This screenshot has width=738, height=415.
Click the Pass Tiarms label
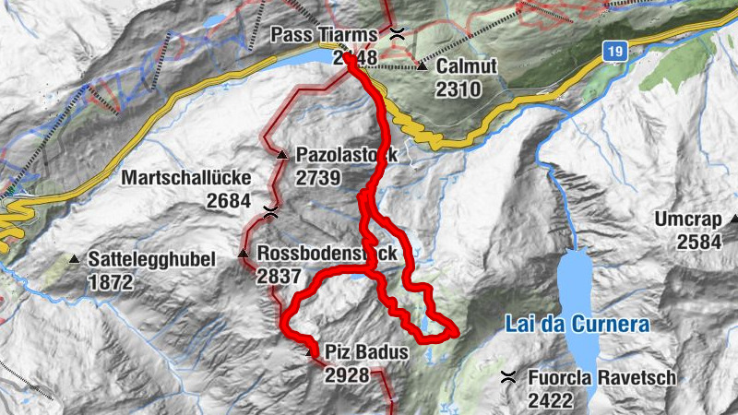tap(324, 35)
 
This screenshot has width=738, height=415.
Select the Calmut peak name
tap(466, 66)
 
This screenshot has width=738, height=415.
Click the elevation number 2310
tap(458, 89)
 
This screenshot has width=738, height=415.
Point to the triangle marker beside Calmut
tap(422, 66)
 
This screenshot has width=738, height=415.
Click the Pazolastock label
tap(347, 156)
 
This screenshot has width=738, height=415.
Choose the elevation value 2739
tap(319, 178)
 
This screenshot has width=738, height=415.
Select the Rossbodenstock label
tap(327, 254)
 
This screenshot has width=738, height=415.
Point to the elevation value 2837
tap(280, 276)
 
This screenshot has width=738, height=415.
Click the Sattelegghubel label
tap(151, 260)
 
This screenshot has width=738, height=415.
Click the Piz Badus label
tap(364, 351)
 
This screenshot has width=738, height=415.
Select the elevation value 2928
tap(347, 374)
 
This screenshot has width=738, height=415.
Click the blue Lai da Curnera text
tap(577, 325)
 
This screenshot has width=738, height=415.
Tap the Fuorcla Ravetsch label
tap(602, 378)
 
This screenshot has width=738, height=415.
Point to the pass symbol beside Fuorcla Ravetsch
tap(507, 376)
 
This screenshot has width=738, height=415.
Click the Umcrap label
tap(692, 220)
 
